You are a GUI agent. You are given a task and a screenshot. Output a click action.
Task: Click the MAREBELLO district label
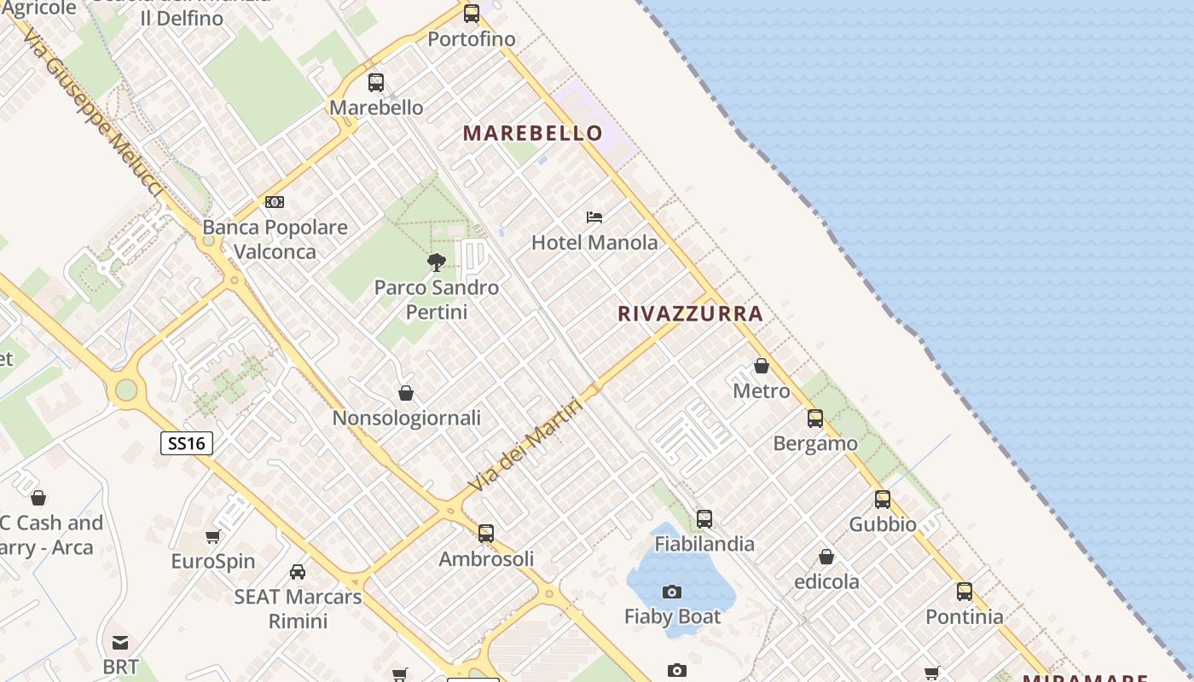click(532, 133)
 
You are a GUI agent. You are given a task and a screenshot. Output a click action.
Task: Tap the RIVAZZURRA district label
click(690, 314)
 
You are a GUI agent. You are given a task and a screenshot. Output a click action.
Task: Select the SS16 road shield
click(187, 443)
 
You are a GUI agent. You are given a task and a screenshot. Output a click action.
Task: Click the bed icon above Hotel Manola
click(594, 217)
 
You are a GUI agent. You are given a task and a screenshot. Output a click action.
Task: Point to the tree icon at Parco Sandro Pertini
click(436, 262)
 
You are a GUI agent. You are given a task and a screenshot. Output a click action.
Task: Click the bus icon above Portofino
click(472, 14)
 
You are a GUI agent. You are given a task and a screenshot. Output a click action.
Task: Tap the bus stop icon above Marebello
click(376, 83)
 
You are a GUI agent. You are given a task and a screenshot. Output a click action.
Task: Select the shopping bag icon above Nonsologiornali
click(406, 393)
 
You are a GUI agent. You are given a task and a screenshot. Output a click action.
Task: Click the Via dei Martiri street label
click(526, 445)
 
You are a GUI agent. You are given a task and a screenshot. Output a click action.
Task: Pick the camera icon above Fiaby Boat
click(672, 592)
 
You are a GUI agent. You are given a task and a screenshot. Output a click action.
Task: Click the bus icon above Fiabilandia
click(704, 518)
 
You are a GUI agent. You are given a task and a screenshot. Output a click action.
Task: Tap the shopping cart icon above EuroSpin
click(212, 536)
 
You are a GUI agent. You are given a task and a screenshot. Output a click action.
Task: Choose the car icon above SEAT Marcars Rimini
click(298, 571)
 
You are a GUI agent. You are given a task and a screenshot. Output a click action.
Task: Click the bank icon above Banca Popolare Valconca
click(275, 202)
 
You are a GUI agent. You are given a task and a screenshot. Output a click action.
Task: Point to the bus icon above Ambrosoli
click(486, 534)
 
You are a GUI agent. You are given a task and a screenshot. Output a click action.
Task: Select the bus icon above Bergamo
click(815, 419)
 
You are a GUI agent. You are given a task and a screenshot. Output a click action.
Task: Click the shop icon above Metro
click(762, 366)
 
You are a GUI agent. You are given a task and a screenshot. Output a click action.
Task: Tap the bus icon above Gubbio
click(883, 500)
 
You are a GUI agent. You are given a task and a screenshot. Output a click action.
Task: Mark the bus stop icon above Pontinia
click(965, 592)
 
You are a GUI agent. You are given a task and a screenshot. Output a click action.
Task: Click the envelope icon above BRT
click(120, 642)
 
